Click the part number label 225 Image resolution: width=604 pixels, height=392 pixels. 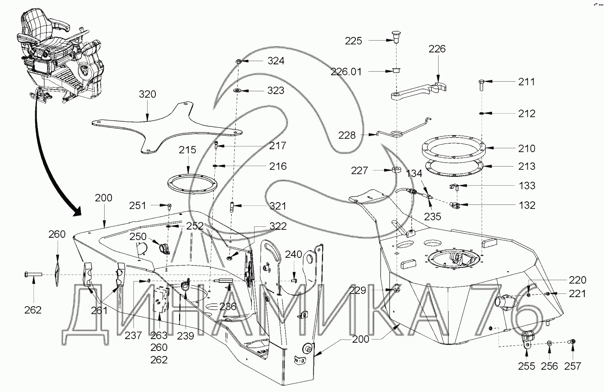pyautogui.click(x=354, y=41)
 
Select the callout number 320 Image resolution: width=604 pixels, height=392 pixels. pyautogui.click(x=147, y=94)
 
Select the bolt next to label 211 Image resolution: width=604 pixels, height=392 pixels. pyautogui.click(x=482, y=85)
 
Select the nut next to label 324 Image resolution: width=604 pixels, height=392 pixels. pyautogui.click(x=239, y=61)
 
